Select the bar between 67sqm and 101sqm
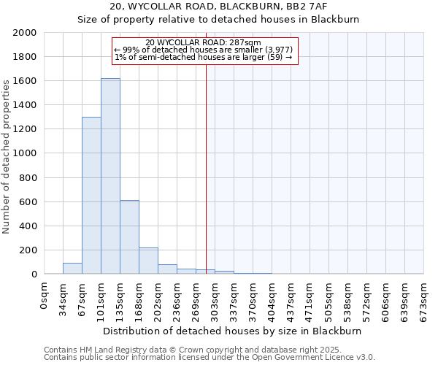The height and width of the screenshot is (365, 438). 91,196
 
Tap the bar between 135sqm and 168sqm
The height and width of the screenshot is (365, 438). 129,237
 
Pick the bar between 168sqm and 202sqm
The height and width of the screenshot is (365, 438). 148,261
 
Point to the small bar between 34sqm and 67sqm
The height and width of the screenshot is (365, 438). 72,269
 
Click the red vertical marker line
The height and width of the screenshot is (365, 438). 206,168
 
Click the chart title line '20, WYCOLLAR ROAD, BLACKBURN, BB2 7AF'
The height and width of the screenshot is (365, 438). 218,7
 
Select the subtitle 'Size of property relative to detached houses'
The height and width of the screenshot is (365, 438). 218,20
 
